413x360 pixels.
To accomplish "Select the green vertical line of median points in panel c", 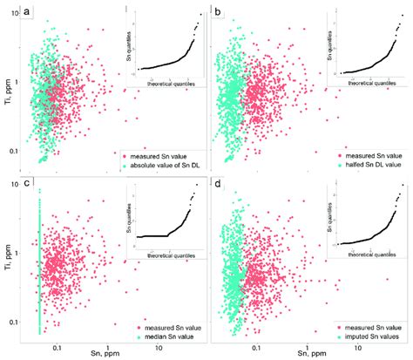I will click(x=40, y=262).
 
